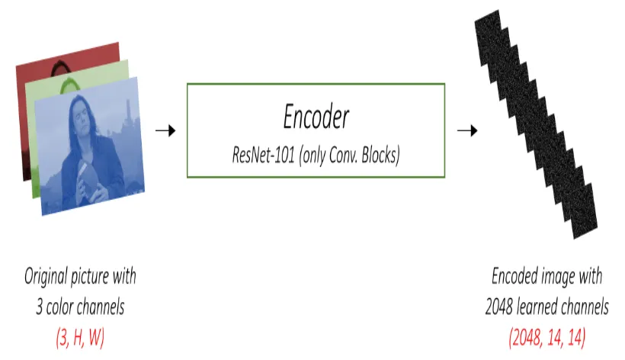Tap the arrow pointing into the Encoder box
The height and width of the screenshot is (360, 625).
(165, 130)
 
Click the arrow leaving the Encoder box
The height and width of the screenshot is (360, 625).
(467, 130)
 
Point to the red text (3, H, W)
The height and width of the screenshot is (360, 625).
(79, 338)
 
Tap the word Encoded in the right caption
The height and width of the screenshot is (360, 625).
(516, 275)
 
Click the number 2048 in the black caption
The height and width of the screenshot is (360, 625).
(501, 307)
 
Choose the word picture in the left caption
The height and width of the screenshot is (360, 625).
(95, 275)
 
